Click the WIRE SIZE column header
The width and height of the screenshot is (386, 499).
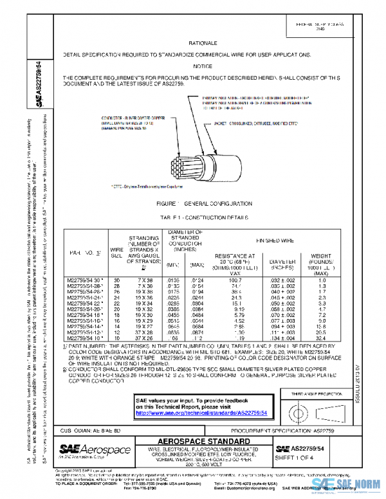tap(116, 252)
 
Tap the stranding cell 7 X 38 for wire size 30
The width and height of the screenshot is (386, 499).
tap(144, 280)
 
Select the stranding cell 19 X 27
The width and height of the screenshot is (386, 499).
tap(144, 326)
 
